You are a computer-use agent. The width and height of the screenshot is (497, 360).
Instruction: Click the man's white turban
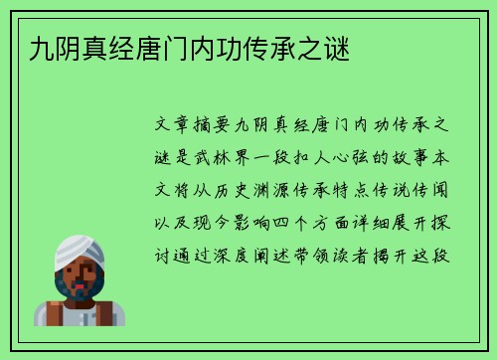80,253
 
